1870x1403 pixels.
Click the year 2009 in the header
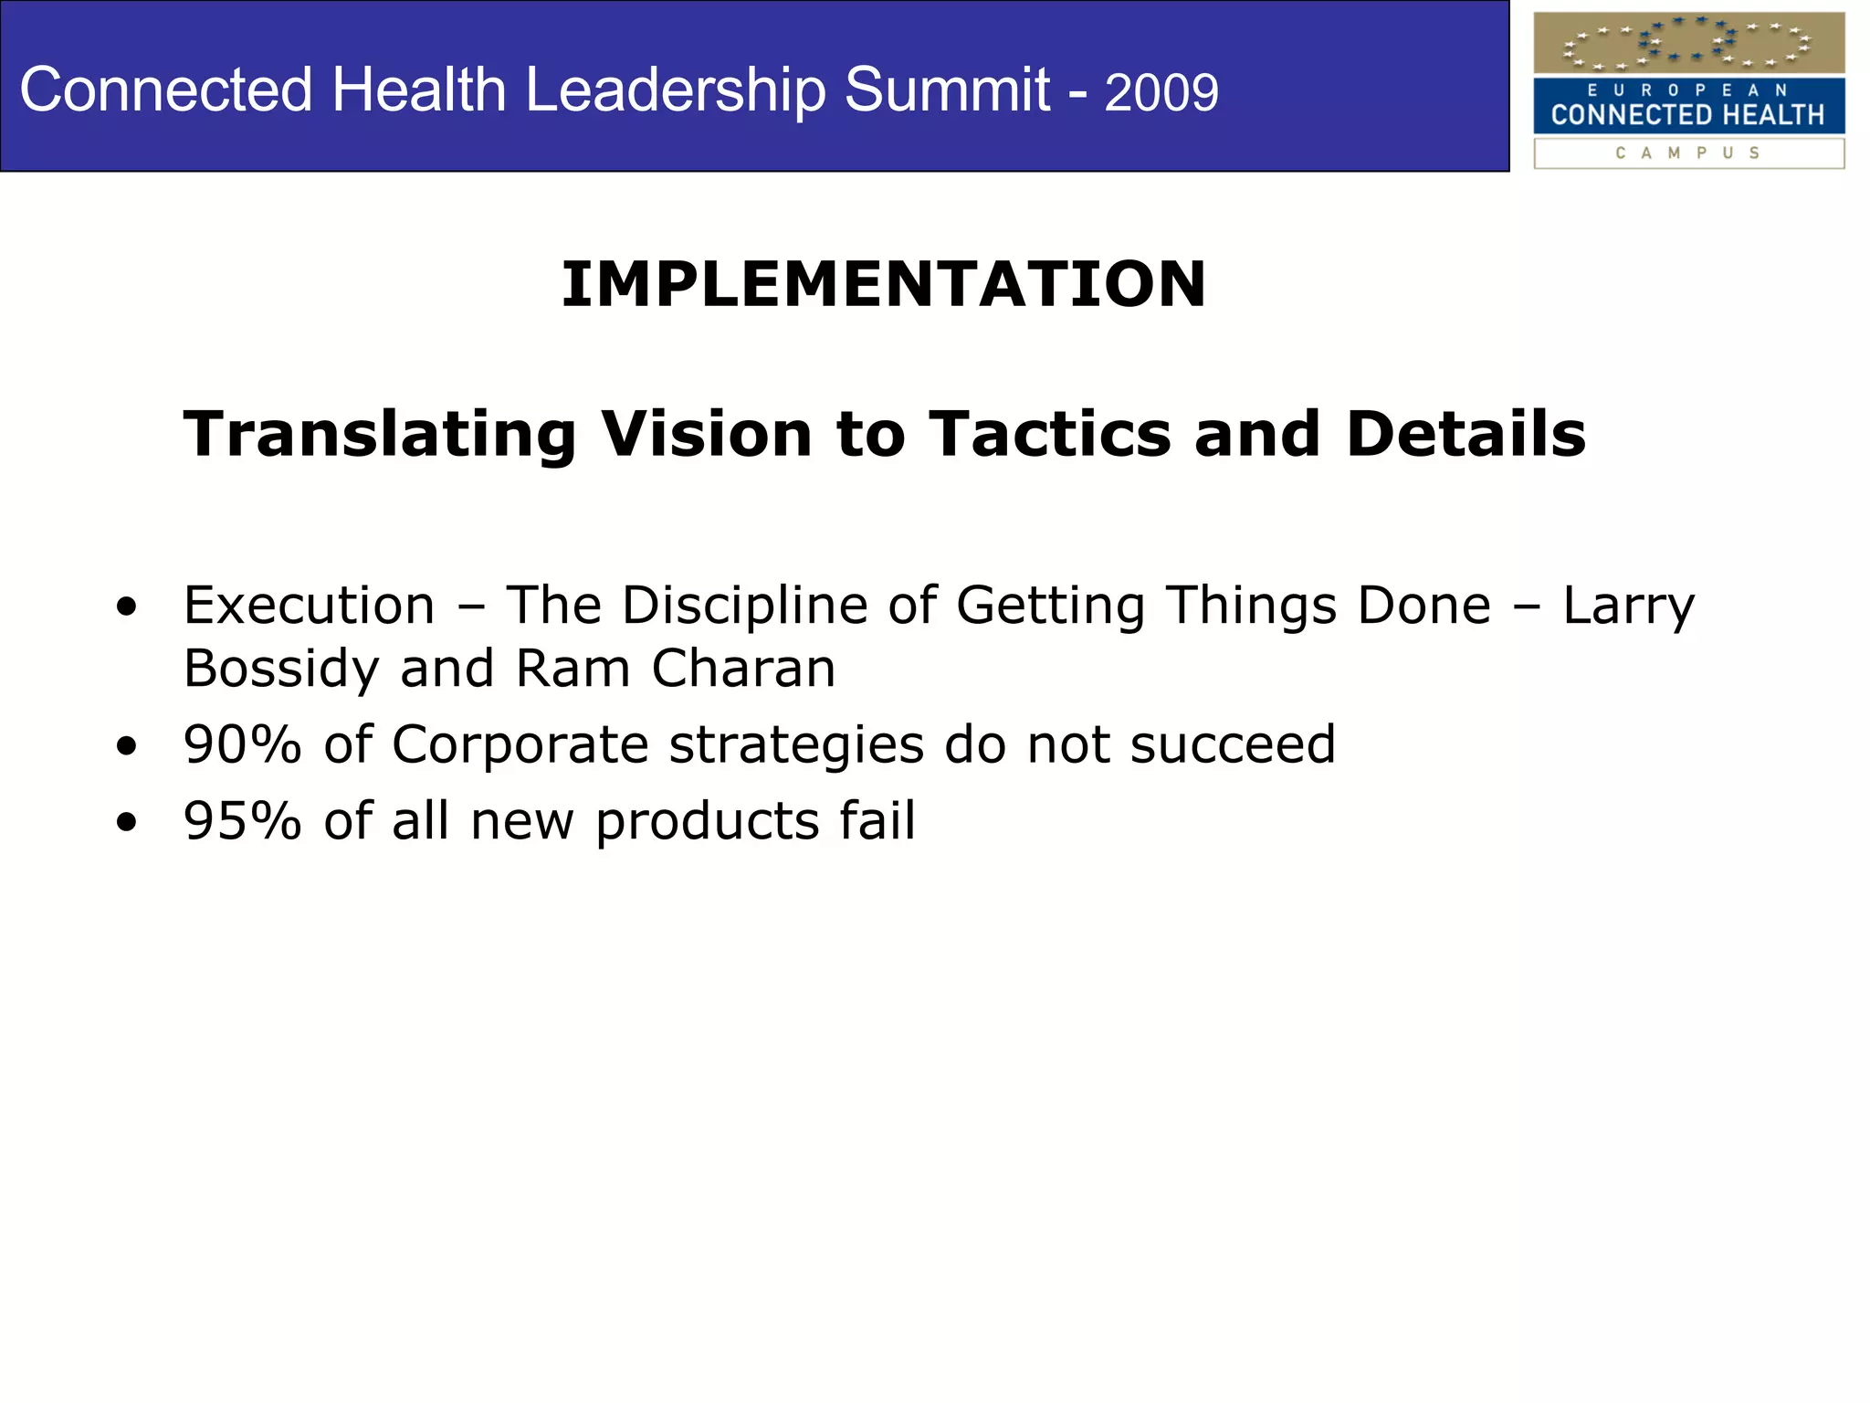(x=1161, y=92)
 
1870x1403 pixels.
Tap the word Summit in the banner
(x=947, y=90)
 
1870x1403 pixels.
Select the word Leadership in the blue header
(x=675, y=90)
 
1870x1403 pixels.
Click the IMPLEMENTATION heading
(x=883, y=284)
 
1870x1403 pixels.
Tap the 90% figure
(x=242, y=744)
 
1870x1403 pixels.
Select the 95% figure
(x=242, y=819)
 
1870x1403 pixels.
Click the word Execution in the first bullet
(x=309, y=606)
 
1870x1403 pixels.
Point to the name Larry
(x=1628, y=607)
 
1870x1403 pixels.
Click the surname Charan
(x=743, y=668)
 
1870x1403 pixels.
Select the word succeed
(x=1233, y=744)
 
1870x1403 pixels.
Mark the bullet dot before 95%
(x=127, y=821)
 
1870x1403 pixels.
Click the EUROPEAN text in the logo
(x=1687, y=90)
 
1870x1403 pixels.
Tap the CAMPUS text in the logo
(x=1687, y=153)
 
